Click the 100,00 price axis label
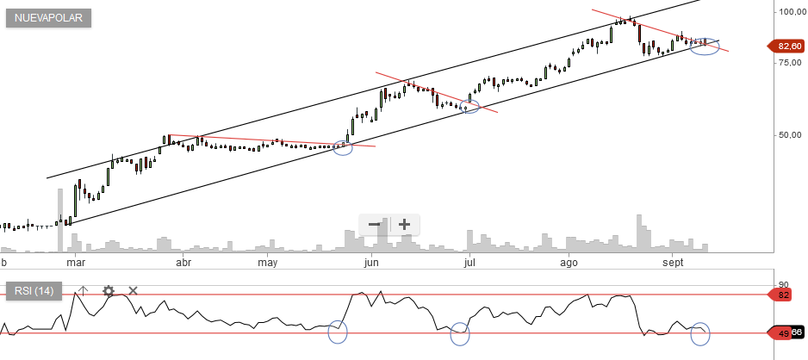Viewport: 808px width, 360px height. pos(791,11)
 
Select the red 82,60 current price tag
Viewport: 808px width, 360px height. pos(785,46)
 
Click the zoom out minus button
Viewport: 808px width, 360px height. pos(375,225)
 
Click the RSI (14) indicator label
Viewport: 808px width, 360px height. pos(34,291)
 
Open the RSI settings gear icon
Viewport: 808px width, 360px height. pos(109,291)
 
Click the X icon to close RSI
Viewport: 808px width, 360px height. pos(133,291)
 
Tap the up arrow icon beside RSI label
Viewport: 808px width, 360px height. pos(83,291)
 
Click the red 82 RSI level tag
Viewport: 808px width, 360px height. pos(784,295)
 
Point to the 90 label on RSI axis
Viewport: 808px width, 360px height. pos(783,284)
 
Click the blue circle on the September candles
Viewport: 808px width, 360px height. pos(705,46)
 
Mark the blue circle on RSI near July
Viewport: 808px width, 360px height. pos(460,333)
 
